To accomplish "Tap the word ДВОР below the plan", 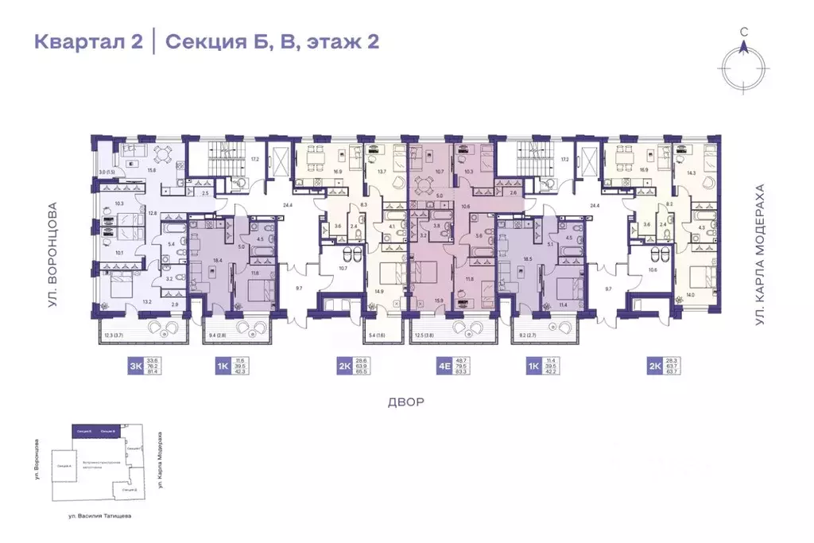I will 405,401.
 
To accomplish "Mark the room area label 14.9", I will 378,292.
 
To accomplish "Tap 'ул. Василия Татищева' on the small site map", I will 100,516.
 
